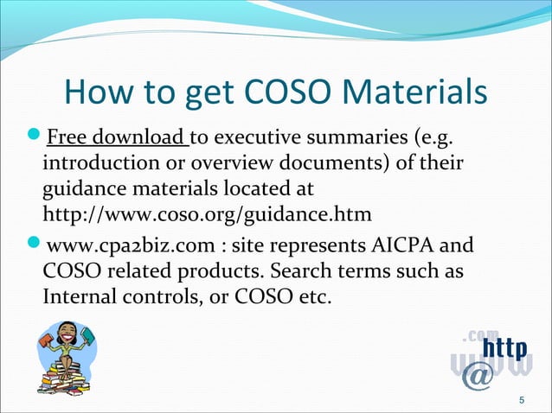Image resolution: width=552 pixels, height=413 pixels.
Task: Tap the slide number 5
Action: [x=520, y=399]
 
